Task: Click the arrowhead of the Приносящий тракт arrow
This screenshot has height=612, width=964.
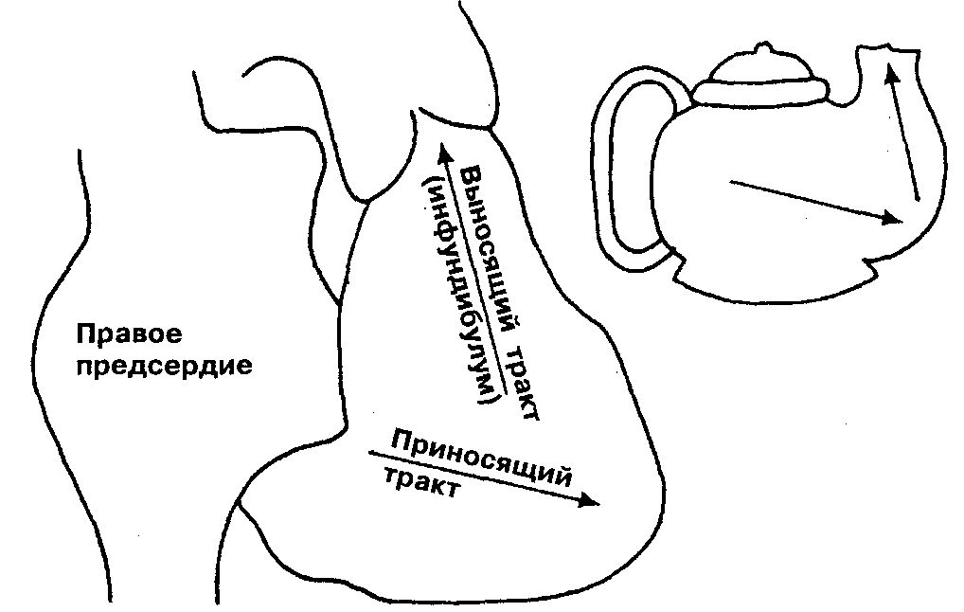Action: [593, 502]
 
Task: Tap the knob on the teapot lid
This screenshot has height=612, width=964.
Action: [762, 49]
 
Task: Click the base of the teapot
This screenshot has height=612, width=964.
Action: [777, 284]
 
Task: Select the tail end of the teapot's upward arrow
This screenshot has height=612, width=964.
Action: [917, 199]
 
